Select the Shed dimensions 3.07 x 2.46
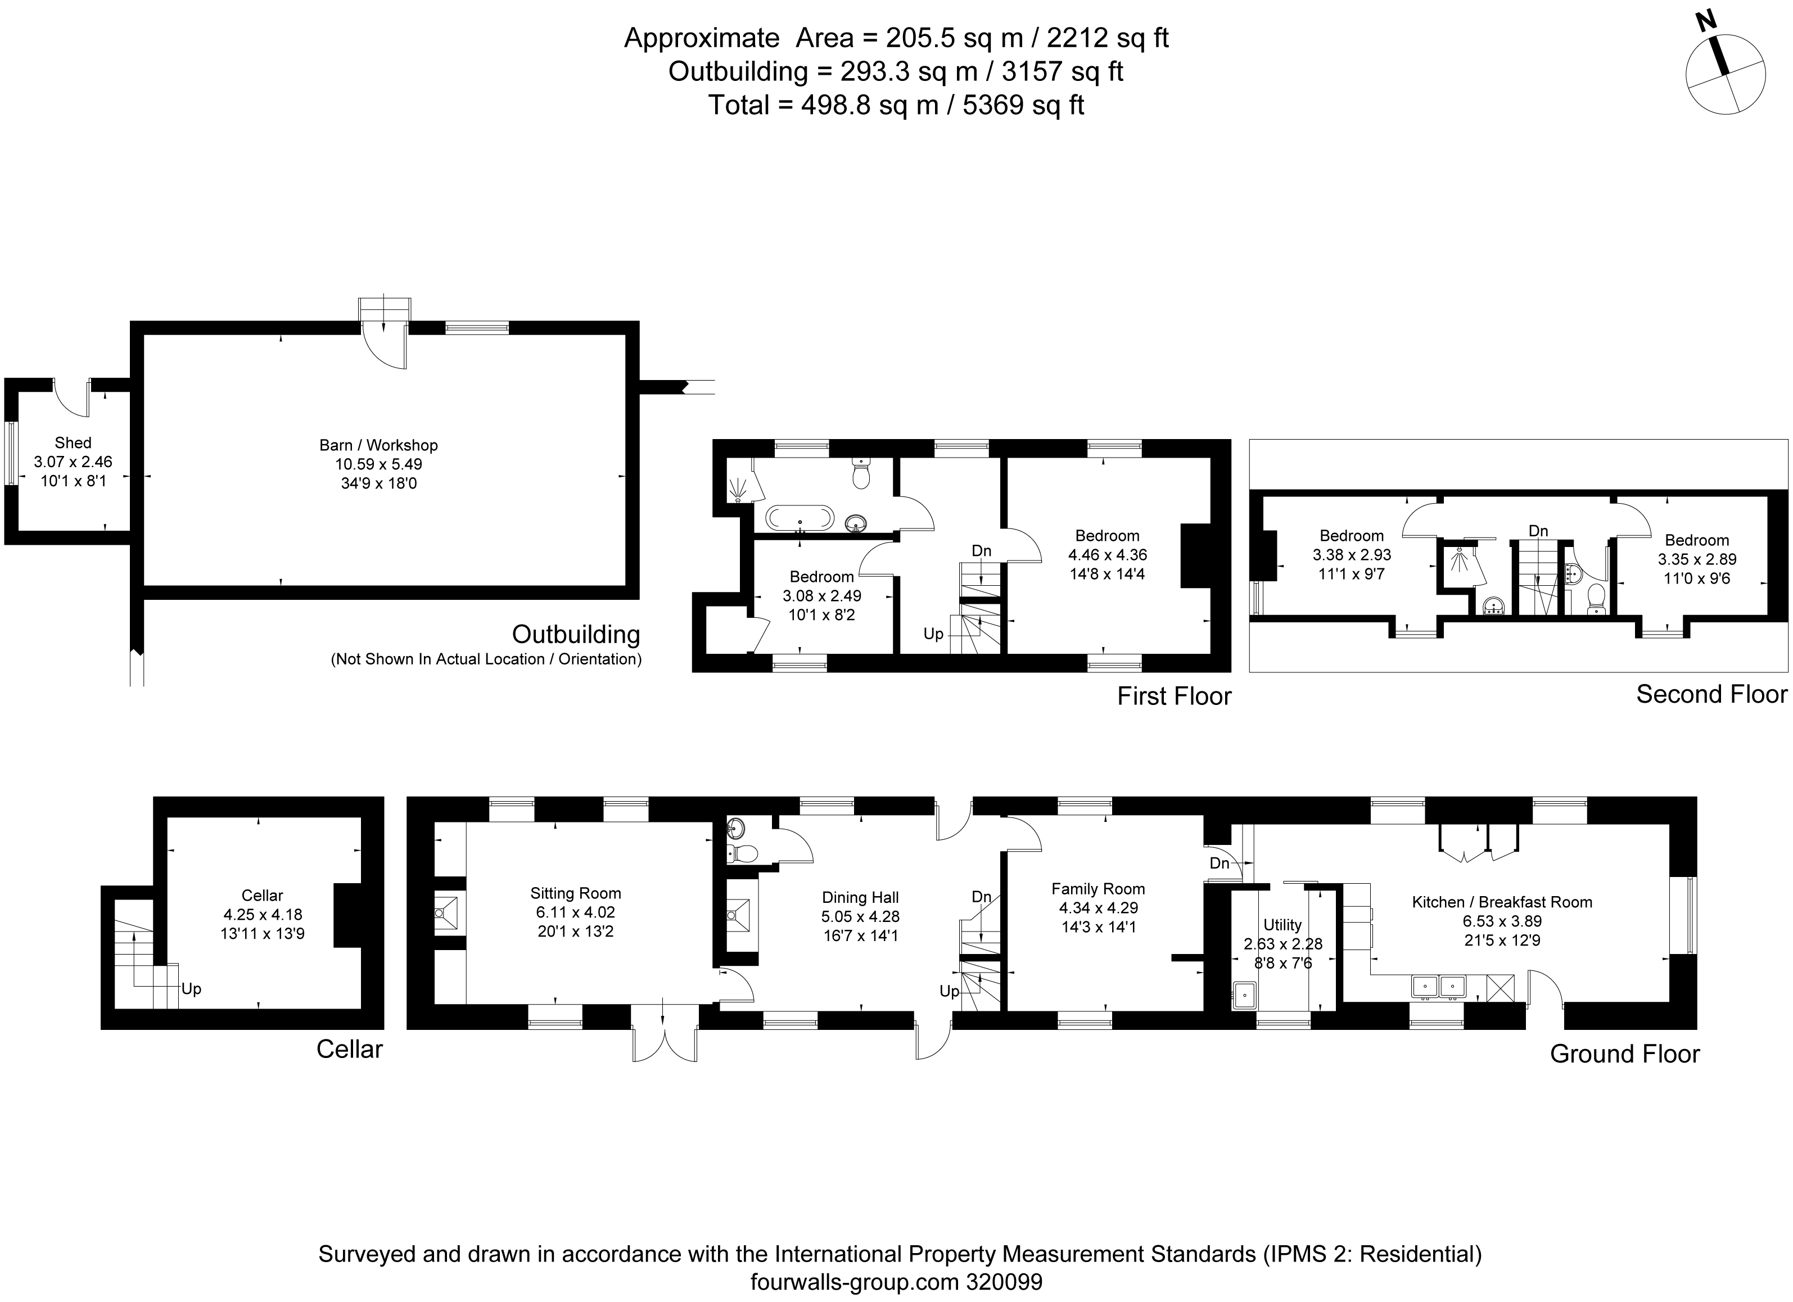coord(73,462)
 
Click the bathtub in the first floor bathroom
coord(800,518)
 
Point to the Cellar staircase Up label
coord(191,989)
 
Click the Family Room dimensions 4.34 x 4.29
coord(1098,908)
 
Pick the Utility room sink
coord(1244,994)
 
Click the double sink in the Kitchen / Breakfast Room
coord(1438,986)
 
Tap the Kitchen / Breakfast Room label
coord(1501,902)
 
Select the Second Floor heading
coord(1711,694)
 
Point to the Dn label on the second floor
coord(1538,531)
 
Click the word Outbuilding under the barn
coord(576,634)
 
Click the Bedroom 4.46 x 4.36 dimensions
coord(1107,555)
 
